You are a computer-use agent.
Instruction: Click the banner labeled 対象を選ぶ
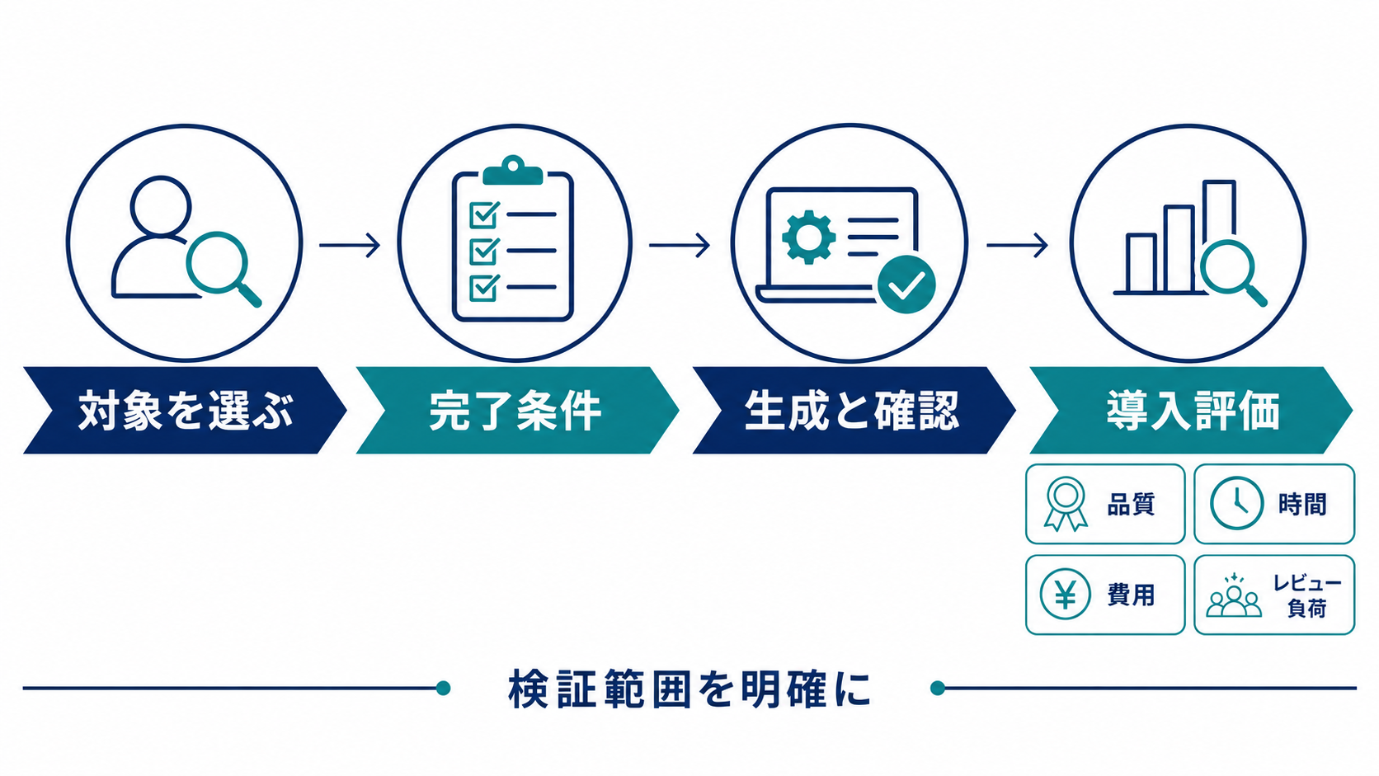[185, 411]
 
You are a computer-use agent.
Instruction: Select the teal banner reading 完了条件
[517, 411]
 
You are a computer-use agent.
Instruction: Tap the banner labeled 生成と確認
[854, 411]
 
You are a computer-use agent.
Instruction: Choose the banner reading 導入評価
[1191, 411]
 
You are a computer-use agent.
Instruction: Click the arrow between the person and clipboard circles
[350, 245]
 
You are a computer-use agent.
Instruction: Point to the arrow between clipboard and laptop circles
[680, 245]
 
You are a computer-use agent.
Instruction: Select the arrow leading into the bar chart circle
[1017, 245]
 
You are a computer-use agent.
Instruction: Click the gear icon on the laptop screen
[809, 237]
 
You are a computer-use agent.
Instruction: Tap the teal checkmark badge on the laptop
[906, 285]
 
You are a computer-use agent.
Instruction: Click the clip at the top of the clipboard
[513, 171]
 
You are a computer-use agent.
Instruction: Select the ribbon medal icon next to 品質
[1066, 504]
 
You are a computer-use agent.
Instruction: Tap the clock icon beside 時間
[1237, 503]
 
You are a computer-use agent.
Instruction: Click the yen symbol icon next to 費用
[1065, 594]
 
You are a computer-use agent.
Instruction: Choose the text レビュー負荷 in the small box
[1307, 595]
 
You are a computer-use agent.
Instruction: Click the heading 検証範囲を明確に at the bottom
[690, 689]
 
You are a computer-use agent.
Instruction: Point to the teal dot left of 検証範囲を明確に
[443, 688]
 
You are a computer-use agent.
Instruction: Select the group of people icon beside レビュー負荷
[1234, 595]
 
